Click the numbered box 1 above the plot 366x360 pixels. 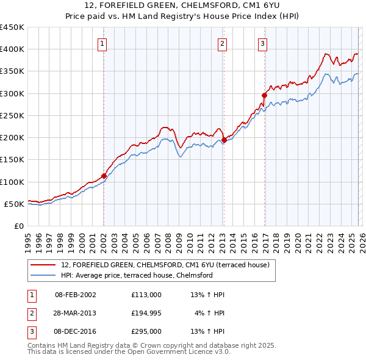[x=102, y=43]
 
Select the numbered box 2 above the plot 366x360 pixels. [x=222, y=43]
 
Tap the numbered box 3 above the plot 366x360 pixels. [x=262, y=43]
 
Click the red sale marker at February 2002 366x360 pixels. [x=104, y=176]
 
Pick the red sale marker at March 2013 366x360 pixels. [x=224, y=140]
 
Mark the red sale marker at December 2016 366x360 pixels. [x=264, y=95]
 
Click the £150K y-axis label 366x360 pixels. [x=12, y=160]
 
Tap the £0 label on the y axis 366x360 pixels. [x=18, y=226]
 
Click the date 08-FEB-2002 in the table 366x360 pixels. [x=75, y=295]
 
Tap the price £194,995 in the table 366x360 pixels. [x=146, y=313]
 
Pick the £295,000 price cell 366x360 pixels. [x=146, y=331]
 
